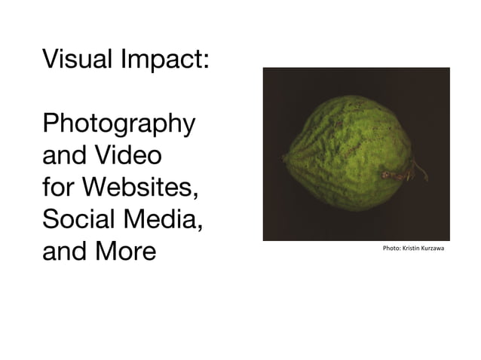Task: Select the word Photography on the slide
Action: click(x=119, y=124)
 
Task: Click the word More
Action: click(x=124, y=251)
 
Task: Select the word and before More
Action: click(x=65, y=251)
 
